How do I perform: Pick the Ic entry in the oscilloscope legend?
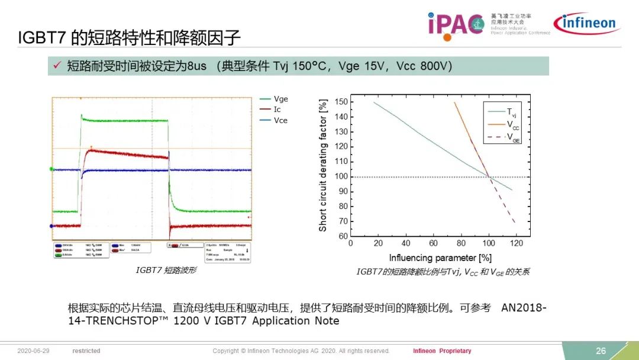[277, 110]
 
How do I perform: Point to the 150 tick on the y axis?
[340, 102]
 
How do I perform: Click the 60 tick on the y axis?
[343, 236]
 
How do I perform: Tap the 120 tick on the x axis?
[516, 243]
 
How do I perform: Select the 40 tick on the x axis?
[406, 243]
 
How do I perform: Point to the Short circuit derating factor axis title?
[323, 165]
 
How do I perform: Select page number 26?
[601, 351]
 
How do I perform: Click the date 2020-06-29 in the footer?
[34, 351]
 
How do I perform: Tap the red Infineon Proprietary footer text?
[442, 351]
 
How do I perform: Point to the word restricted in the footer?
[86, 351]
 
